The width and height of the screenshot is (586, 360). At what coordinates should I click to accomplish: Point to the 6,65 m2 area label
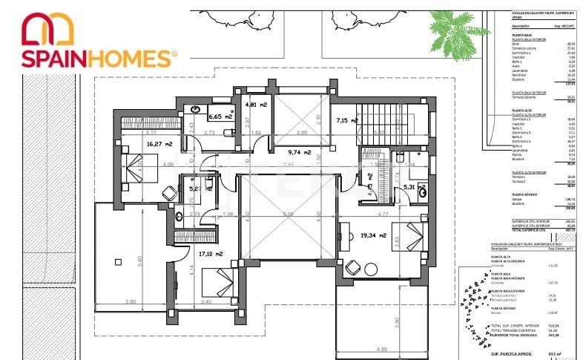coord(220,117)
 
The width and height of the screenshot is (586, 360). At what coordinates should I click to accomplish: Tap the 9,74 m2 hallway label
coord(301,151)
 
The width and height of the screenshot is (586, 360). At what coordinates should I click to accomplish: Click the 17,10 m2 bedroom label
coord(211,254)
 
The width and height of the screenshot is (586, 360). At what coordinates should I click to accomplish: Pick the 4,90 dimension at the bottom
coord(381,349)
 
